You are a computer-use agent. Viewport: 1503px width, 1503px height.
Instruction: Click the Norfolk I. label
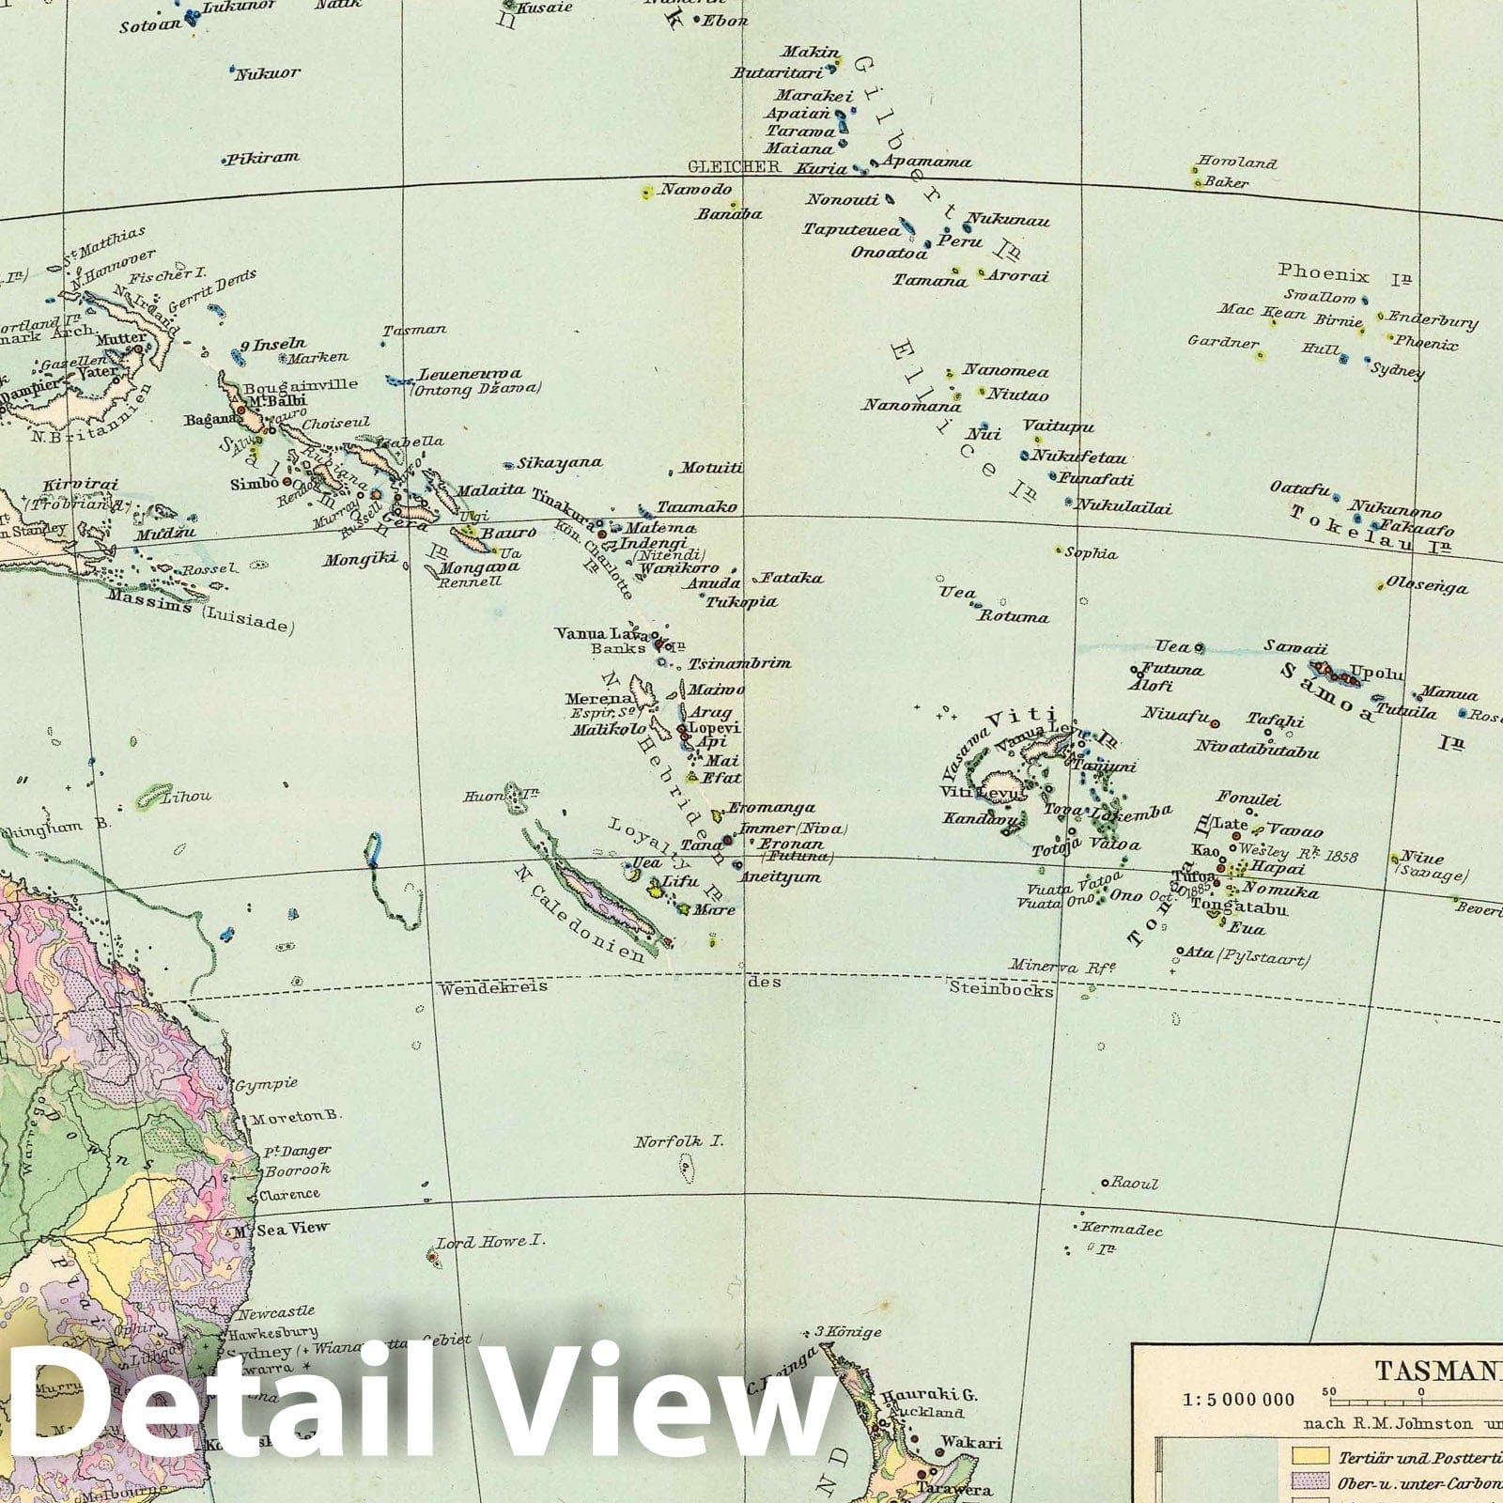coord(678,1142)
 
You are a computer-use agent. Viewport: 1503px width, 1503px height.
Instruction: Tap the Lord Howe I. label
coord(491,1241)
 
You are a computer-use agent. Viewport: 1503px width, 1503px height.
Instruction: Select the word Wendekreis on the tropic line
coord(493,987)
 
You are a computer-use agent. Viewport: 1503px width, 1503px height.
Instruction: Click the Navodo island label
coord(695,190)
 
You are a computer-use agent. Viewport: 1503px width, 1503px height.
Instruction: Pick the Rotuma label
coord(1014,617)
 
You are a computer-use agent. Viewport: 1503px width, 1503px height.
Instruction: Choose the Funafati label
coord(1096,478)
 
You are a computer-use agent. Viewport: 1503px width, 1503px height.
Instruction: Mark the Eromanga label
coord(772,807)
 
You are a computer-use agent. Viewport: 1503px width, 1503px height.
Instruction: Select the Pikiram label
coord(264,158)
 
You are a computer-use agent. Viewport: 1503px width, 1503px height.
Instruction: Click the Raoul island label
coord(1135,1184)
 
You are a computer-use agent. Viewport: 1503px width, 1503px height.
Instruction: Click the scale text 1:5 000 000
coord(1238,1400)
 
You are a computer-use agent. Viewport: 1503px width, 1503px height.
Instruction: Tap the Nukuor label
coord(268,73)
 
